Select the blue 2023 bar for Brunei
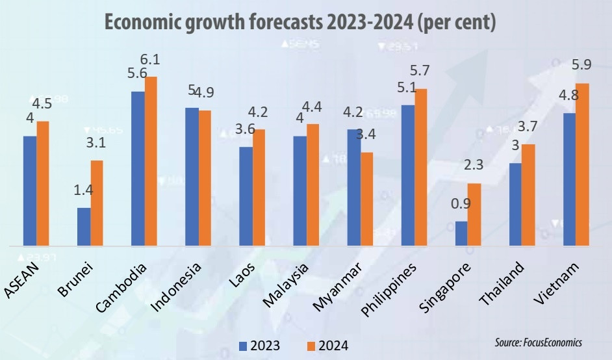[83, 227]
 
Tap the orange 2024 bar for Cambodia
[151, 162]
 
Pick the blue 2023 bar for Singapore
[461, 234]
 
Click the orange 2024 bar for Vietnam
[583, 165]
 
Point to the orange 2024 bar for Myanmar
[366, 199]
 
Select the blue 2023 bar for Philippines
[407, 175]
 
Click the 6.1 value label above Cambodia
[150, 60]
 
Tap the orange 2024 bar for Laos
[259, 188]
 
